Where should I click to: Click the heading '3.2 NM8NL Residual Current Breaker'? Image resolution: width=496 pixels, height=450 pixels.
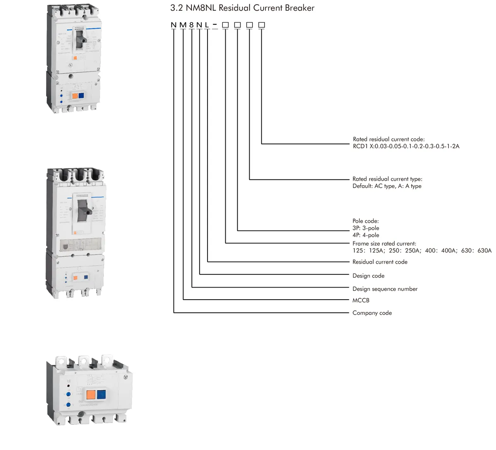(242, 8)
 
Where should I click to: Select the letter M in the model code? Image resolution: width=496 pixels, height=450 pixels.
(183, 25)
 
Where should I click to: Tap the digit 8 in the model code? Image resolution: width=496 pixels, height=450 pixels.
(191, 25)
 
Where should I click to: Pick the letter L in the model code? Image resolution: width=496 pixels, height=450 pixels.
(207, 25)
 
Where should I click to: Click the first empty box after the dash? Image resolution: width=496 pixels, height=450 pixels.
(225, 25)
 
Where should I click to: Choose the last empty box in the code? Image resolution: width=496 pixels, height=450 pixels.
(261, 25)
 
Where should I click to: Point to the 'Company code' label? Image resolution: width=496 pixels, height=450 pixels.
(372, 313)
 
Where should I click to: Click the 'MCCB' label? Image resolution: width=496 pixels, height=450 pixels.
(361, 300)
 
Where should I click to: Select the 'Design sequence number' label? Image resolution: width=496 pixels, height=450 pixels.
(385, 289)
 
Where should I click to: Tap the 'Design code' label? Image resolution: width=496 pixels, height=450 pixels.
(368, 276)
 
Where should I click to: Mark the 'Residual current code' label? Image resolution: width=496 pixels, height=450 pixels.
(380, 262)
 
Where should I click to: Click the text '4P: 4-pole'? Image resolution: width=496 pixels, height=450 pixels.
(366, 235)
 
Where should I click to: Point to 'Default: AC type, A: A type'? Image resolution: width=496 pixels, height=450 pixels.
(387, 186)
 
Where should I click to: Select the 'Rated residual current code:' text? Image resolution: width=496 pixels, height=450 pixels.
(389, 139)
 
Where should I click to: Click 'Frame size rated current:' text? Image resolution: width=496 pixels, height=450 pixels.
(384, 243)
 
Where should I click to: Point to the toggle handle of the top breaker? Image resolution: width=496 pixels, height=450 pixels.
(82, 39)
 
